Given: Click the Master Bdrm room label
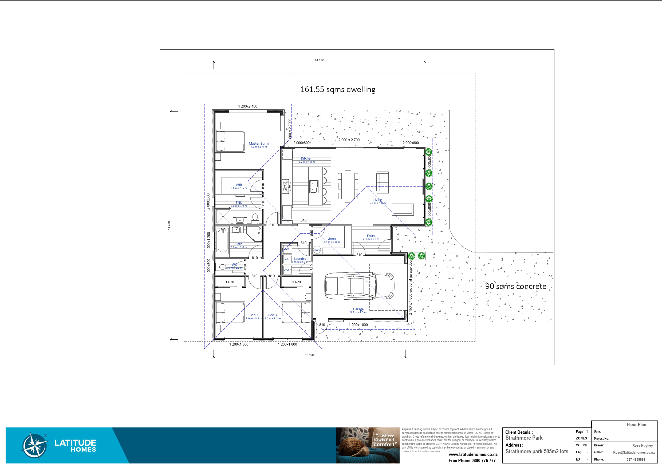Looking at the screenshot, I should (x=258, y=144).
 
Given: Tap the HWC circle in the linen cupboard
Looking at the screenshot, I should (x=317, y=250).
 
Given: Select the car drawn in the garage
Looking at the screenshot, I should (x=359, y=286).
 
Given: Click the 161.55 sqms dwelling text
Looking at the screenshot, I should (x=338, y=90).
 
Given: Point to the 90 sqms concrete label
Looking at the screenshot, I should (x=515, y=287).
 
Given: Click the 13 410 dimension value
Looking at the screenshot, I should (x=319, y=60).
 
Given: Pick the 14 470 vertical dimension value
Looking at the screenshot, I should (x=169, y=225).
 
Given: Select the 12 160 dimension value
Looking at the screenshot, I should (x=309, y=355).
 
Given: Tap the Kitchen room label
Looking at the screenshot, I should (x=306, y=158).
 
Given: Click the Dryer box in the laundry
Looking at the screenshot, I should (x=287, y=270).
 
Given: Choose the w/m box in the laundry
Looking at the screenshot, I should (x=287, y=260).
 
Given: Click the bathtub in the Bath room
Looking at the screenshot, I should (x=222, y=241).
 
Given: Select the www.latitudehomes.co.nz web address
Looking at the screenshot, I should (x=473, y=454).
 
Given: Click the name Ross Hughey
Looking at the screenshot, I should (x=643, y=445).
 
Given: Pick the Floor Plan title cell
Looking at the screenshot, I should (x=636, y=425).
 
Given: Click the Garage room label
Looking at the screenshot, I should (x=358, y=309).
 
